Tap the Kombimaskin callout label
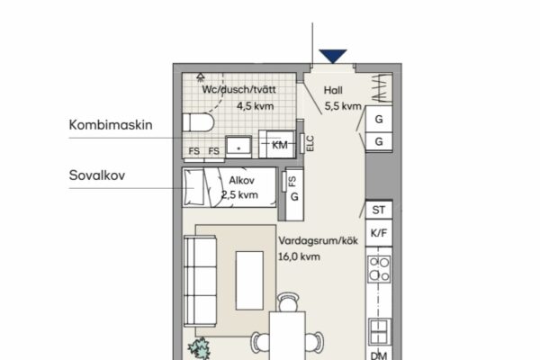111,125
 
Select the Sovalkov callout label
97,175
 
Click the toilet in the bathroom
198,122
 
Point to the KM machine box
277,144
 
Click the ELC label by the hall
310,143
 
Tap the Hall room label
333,90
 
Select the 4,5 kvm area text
256,106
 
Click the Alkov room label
242,180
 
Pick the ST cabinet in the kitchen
379,210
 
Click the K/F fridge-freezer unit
379,233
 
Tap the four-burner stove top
379,269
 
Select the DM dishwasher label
379,355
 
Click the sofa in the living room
200,281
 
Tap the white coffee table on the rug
249,281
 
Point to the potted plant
199,348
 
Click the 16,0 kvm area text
299,256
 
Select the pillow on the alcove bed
193,187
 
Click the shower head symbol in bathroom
201,77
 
